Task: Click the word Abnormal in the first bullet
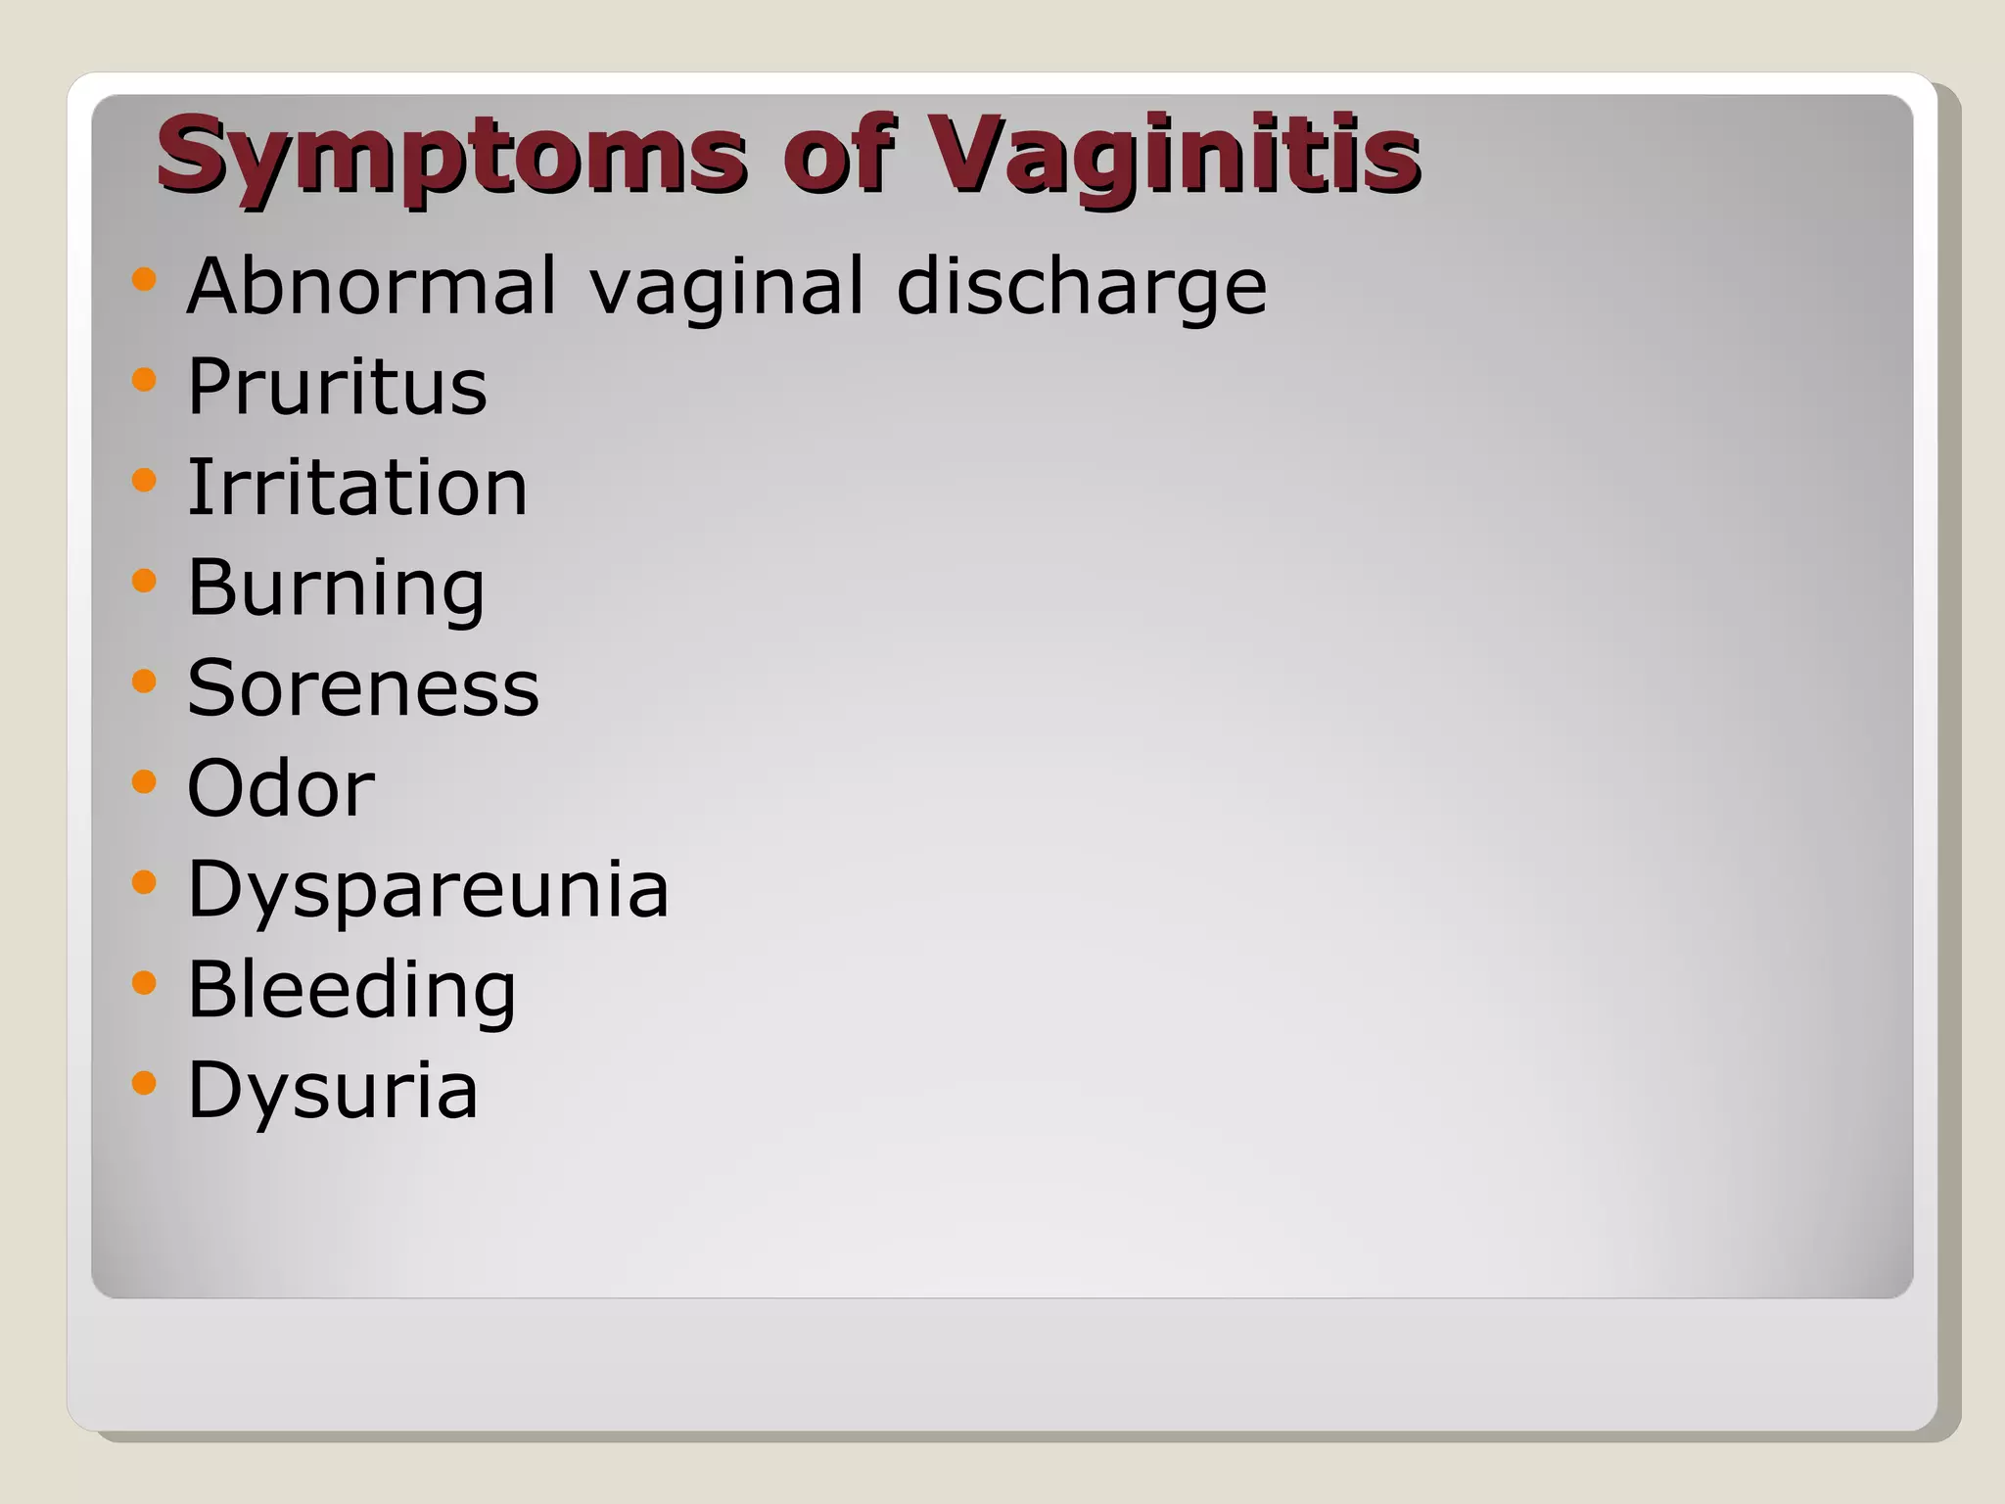pos(372,286)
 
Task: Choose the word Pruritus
pos(337,387)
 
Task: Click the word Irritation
pos(357,487)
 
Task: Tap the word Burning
pos(336,588)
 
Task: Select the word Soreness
pos(363,687)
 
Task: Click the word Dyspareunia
pos(428,890)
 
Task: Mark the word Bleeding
pos(351,990)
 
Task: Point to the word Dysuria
pos(333,1090)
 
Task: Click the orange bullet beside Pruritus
pos(144,379)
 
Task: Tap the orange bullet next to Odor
pos(144,780)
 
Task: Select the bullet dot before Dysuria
pos(144,1082)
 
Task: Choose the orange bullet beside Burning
pos(144,580)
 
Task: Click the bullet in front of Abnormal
pos(144,279)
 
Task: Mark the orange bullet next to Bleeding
pos(144,981)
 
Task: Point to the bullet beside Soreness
pos(144,680)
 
